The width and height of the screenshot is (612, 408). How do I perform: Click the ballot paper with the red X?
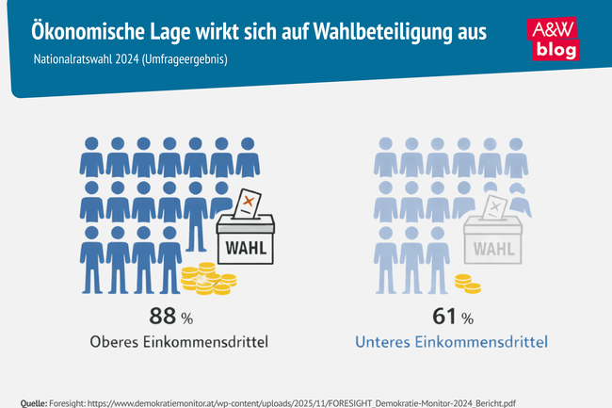(x=247, y=203)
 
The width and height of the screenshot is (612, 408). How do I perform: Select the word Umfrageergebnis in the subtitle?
(x=188, y=59)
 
